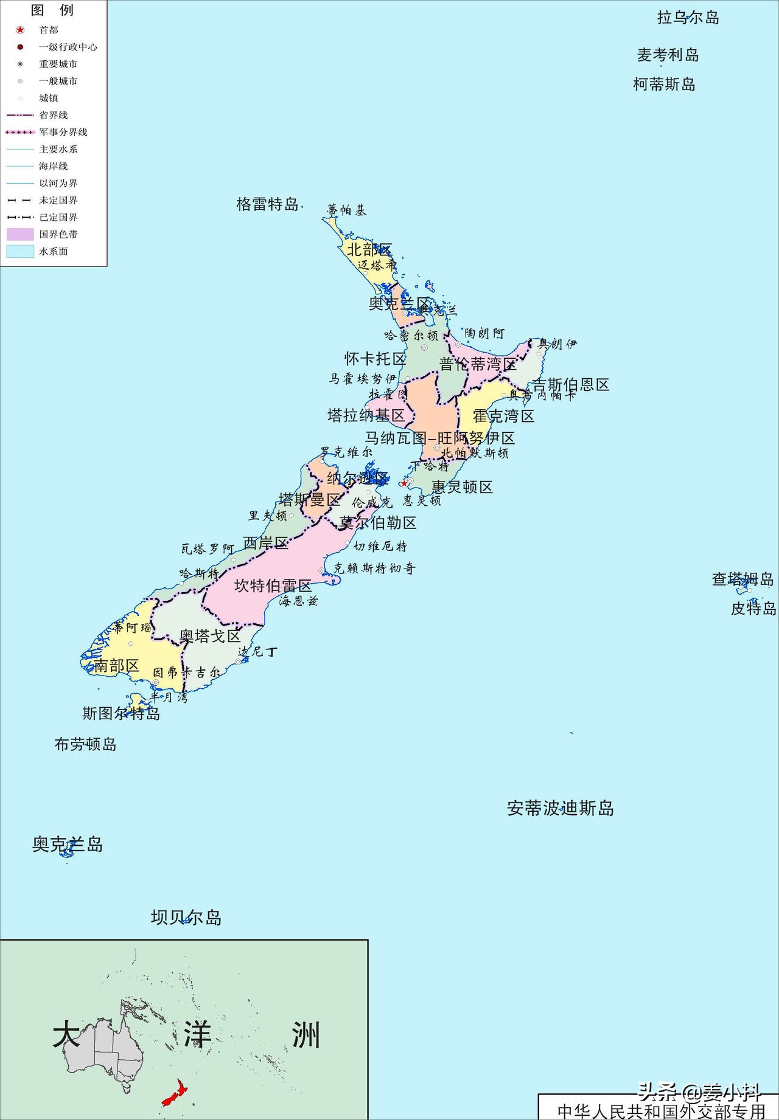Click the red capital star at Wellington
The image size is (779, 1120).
point(404,483)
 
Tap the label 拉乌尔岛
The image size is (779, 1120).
point(688,18)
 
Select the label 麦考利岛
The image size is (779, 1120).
point(668,55)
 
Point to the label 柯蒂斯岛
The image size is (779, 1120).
point(664,85)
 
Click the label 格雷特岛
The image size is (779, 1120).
point(267,204)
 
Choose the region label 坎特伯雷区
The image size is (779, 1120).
point(273,586)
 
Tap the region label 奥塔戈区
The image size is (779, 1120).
point(210,637)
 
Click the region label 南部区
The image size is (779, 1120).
point(116,666)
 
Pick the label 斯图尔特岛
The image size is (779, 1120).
point(121,713)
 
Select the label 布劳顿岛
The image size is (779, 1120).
point(85,744)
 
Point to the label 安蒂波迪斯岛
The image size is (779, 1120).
point(560,809)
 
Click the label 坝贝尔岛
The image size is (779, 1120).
point(186,918)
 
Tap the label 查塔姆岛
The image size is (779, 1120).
point(742,579)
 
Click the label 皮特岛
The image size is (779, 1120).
point(753,608)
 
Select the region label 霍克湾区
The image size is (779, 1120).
point(503,417)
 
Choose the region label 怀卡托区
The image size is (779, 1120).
point(375,359)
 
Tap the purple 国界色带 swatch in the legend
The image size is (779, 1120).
point(20,234)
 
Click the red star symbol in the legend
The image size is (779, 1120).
point(20,30)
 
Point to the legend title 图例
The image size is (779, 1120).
point(52,10)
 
